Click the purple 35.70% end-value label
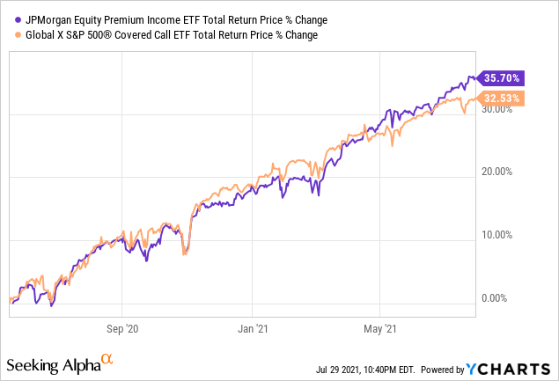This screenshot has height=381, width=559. coord(501,77)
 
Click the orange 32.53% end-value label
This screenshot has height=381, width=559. coord(501,98)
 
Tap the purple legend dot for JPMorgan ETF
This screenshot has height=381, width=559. coord(11,19)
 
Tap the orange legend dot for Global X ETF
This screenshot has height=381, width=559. coord(11,35)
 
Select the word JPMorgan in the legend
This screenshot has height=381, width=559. coord(44,19)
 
